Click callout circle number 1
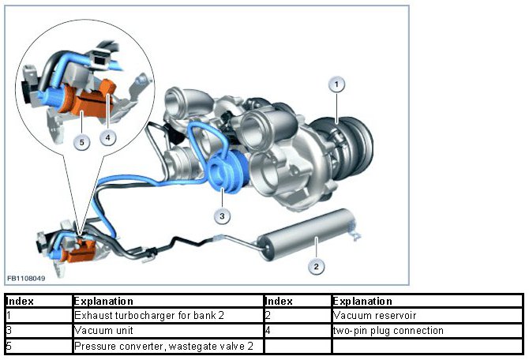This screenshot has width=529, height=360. pyautogui.click(x=337, y=84)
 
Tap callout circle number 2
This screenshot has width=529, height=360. pyautogui.click(x=316, y=266)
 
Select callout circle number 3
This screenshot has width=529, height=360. pyautogui.click(x=223, y=215)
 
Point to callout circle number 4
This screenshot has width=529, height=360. pyautogui.click(x=108, y=137)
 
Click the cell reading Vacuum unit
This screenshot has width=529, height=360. pyautogui.click(x=98, y=331)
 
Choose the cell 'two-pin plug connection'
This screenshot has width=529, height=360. pyautogui.click(x=388, y=331)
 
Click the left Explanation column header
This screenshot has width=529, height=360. pyautogui.click(x=103, y=301)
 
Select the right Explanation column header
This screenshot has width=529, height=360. pyautogui.click(x=363, y=301)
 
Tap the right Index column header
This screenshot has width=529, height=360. pyautogui.click(x=280, y=301)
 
